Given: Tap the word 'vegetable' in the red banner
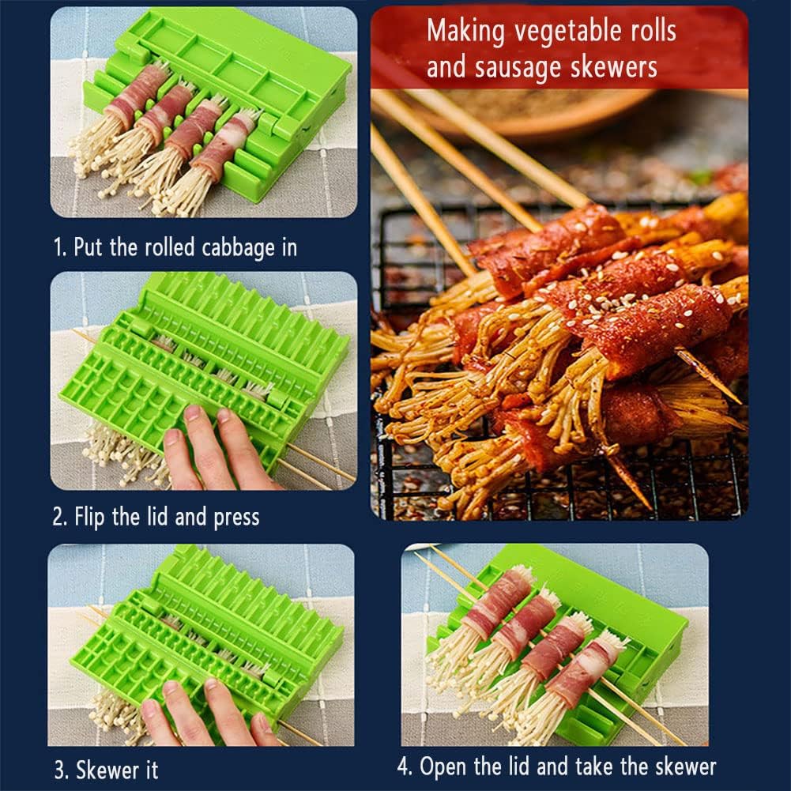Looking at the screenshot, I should pos(548,31).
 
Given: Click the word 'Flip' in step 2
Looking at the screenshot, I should pos(92,518).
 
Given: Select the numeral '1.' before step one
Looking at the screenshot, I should pos(60,247).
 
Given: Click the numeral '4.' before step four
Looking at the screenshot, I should pos(405,767).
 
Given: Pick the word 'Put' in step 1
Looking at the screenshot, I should pos(88,247).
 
